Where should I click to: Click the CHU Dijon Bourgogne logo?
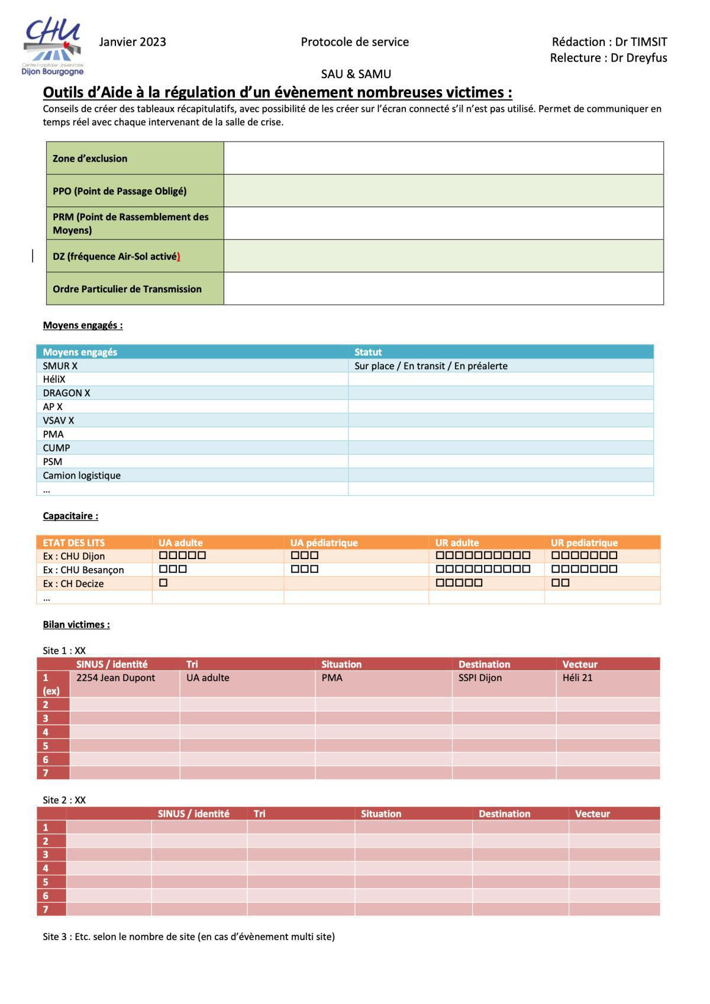[x=53, y=47]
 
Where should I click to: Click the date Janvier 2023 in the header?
[x=133, y=42]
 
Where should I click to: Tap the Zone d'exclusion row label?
[x=90, y=159]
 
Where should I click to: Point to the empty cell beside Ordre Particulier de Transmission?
[x=443, y=289]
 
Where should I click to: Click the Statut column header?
[x=368, y=352]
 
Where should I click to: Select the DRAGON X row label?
[x=66, y=393]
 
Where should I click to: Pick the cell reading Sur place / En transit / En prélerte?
[x=431, y=366]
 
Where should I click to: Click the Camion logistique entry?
[x=82, y=476]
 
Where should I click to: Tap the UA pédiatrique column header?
[x=324, y=543]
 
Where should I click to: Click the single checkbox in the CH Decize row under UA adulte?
[x=164, y=583]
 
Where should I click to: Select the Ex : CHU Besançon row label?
[x=83, y=570]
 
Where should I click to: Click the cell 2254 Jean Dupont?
[x=115, y=678]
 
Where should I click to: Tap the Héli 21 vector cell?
[x=577, y=678]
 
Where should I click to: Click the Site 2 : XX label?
[x=64, y=800]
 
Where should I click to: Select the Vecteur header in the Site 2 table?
[x=592, y=814]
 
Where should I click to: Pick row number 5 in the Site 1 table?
[x=46, y=746]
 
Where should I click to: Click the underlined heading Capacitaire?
[x=70, y=516]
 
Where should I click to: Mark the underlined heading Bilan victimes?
[x=76, y=625]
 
